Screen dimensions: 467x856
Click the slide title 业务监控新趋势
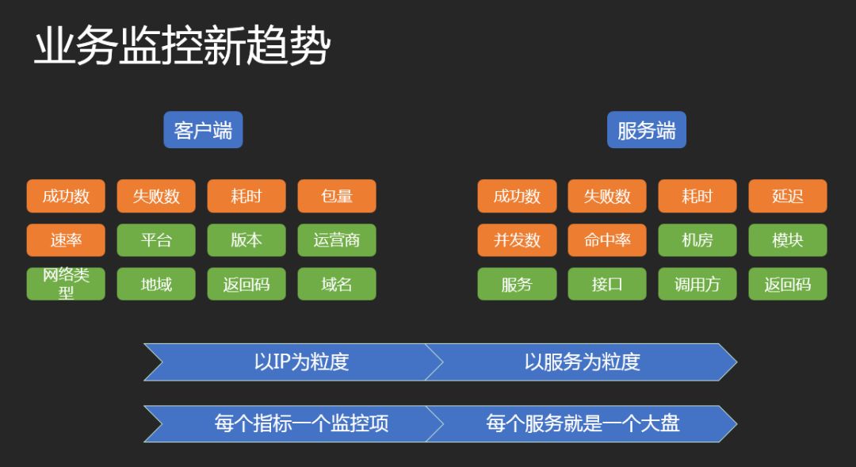pyautogui.click(x=182, y=48)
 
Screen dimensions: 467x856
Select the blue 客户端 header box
pyautogui.click(x=203, y=130)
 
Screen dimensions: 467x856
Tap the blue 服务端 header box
pyautogui.click(x=646, y=130)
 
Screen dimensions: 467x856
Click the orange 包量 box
pyautogui.click(x=337, y=196)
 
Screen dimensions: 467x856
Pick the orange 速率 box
pyautogui.click(x=66, y=239)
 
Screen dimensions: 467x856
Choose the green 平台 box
pyautogui.click(x=156, y=239)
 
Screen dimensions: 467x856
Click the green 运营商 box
pyautogui.click(x=337, y=239)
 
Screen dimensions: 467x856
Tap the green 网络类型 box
pyautogui.click(x=66, y=284)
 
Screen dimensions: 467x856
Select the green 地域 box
pyautogui.click(x=156, y=284)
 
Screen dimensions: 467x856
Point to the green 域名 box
pyautogui.click(x=337, y=284)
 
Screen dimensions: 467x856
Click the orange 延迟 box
pyautogui.click(x=788, y=196)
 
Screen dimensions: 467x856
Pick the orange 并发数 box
pyautogui.click(x=517, y=239)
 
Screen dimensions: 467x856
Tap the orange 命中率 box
pyautogui.click(x=607, y=239)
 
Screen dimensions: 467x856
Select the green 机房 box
pyautogui.click(x=697, y=239)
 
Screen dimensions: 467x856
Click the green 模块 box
pyautogui.click(x=788, y=239)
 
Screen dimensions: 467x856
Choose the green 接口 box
pyautogui.click(x=607, y=284)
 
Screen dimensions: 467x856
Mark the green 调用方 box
pyautogui.click(x=697, y=284)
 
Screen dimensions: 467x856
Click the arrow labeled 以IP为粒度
pyautogui.click(x=301, y=362)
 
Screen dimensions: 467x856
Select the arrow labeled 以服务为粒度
pyautogui.click(x=582, y=362)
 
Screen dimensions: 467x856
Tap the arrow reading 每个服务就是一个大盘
pyautogui.click(x=582, y=423)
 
